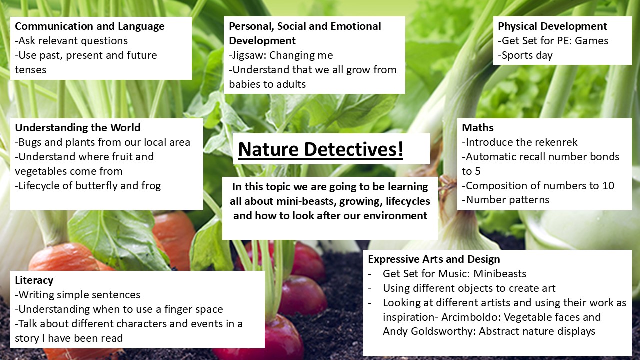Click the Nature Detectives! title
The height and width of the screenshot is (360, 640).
pyautogui.click(x=321, y=149)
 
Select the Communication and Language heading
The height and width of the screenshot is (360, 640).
pyautogui.click(x=90, y=26)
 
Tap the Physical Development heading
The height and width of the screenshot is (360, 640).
pyautogui.click(x=552, y=26)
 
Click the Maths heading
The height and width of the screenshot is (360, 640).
pyautogui.click(x=477, y=127)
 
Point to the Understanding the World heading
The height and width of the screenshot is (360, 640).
pyautogui.click(x=78, y=127)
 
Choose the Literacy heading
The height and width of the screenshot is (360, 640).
pyautogui.click(x=34, y=280)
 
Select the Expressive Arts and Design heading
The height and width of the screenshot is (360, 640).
pyautogui.click(x=434, y=259)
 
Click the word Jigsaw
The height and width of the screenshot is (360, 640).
pyautogui.click(x=248, y=55)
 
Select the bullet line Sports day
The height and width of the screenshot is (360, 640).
pyautogui.click(x=525, y=55)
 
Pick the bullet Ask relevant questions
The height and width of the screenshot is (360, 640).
pyautogui.click(x=71, y=41)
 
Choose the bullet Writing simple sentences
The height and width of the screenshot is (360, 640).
pyautogui.click(x=77, y=295)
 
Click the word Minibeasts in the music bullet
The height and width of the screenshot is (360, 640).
pyautogui.click(x=500, y=273)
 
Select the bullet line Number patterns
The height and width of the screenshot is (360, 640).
pyautogui.click(x=505, y=200)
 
